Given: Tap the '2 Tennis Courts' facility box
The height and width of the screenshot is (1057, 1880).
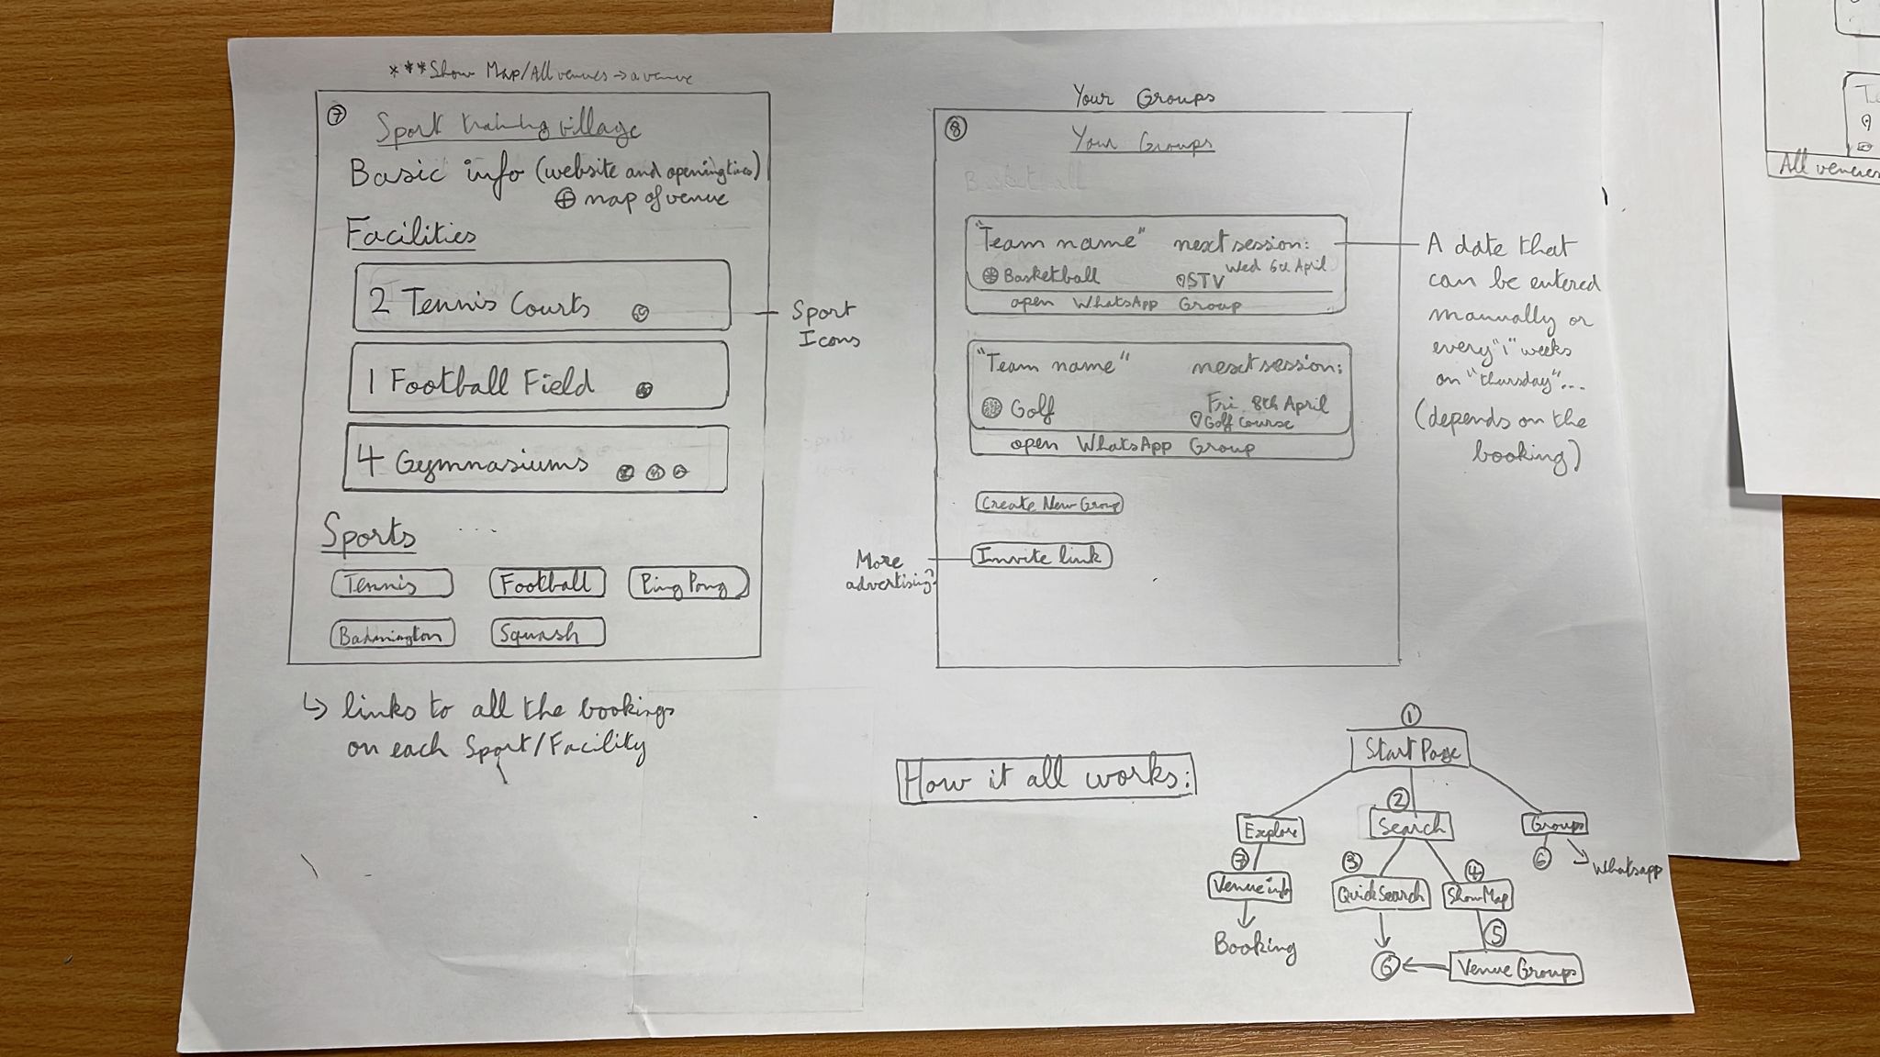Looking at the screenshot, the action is (542, 296).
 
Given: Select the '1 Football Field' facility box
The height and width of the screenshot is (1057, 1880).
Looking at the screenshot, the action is (538, 377).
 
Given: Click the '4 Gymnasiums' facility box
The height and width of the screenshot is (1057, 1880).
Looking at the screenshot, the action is (535, 458).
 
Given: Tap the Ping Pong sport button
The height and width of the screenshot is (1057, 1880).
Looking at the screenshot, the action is (688, 584).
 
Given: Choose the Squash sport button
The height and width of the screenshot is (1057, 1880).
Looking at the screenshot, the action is (547, 633).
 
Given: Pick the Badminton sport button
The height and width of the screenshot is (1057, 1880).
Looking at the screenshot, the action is (392, 635).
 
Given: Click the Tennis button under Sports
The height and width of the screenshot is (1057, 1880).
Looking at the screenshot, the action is (392, 584).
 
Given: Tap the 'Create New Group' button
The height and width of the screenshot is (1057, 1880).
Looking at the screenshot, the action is (1048, 504).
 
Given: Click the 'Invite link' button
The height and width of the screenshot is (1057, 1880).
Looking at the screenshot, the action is (1041, 556).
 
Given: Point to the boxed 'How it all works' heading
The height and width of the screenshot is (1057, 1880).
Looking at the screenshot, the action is (1046, 780).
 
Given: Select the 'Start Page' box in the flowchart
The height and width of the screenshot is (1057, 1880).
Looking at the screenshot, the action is (1409, 751).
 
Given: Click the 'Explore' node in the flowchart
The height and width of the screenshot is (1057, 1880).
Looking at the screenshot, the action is (1270, 830).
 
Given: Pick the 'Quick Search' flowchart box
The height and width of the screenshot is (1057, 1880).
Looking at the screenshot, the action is (1380, 895).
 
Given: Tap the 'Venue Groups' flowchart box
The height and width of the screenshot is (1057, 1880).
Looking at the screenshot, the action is (1516, 970).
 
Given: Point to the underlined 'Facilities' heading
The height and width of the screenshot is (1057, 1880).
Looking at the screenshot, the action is (410, 235).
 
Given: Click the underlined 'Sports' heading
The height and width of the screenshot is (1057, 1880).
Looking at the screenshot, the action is (368, 534).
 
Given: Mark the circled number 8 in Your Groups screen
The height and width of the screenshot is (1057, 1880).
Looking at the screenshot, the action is (955, 129).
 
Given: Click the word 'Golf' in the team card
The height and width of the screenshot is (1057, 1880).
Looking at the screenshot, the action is (1032, 409).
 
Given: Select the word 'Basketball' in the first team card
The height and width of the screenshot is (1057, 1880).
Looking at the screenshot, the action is (1050, 275).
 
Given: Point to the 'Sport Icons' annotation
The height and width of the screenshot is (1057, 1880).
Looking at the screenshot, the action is (825, 324).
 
